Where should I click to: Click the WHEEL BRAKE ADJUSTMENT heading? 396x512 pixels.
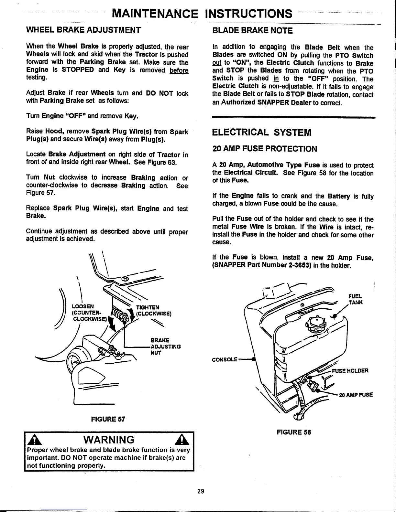[x=83, y=30]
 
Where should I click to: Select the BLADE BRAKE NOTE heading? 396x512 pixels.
[x=252, y=31]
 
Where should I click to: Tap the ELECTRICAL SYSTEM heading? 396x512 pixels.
[x=261, y=133]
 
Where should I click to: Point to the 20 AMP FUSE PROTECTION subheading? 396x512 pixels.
[x=265, y=149]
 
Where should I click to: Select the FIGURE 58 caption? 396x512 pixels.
[x=294, y=432]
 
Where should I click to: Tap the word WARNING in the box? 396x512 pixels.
[x=108, y=440]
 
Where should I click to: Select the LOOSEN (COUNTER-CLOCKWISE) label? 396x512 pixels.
[x=88, y=313]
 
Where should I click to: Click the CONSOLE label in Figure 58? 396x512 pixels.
[x=225, y=359]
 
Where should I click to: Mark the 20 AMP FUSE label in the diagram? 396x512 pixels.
[x=356, y=395]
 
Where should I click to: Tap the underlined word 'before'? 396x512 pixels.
[x=179, y=70]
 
